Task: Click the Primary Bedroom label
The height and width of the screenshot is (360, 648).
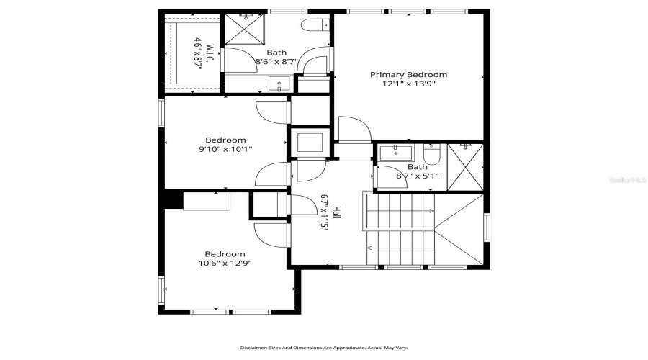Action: [408, 75]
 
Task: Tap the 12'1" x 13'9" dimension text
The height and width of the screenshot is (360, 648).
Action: [408, 84]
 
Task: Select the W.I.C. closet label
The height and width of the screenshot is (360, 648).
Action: [210, 55]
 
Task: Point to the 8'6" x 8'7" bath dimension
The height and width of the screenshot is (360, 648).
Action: [276, 62]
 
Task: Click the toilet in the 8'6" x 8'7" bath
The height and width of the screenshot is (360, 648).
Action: [314, 26]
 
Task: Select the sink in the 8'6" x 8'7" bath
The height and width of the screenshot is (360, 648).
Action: [279, 84]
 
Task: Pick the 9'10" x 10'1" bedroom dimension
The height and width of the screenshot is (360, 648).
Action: [225, 149]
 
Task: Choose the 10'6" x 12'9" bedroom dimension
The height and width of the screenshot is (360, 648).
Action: [225, 263]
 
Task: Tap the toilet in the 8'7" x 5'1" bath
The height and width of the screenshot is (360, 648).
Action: [431, 154]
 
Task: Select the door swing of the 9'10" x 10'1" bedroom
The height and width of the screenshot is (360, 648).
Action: [272, 114]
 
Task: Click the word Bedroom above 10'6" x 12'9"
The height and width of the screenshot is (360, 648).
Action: [225, 254]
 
